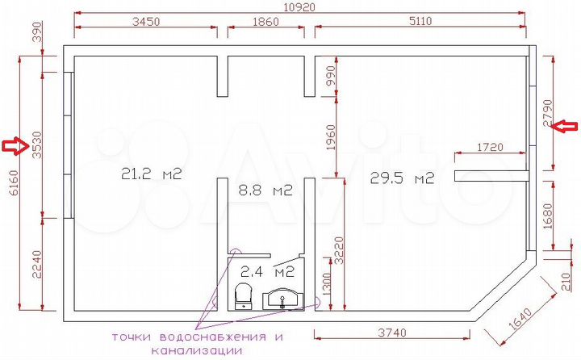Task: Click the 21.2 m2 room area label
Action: [148, 173]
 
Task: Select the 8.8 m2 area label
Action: [263, 190]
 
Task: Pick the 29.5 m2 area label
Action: [402, 178]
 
